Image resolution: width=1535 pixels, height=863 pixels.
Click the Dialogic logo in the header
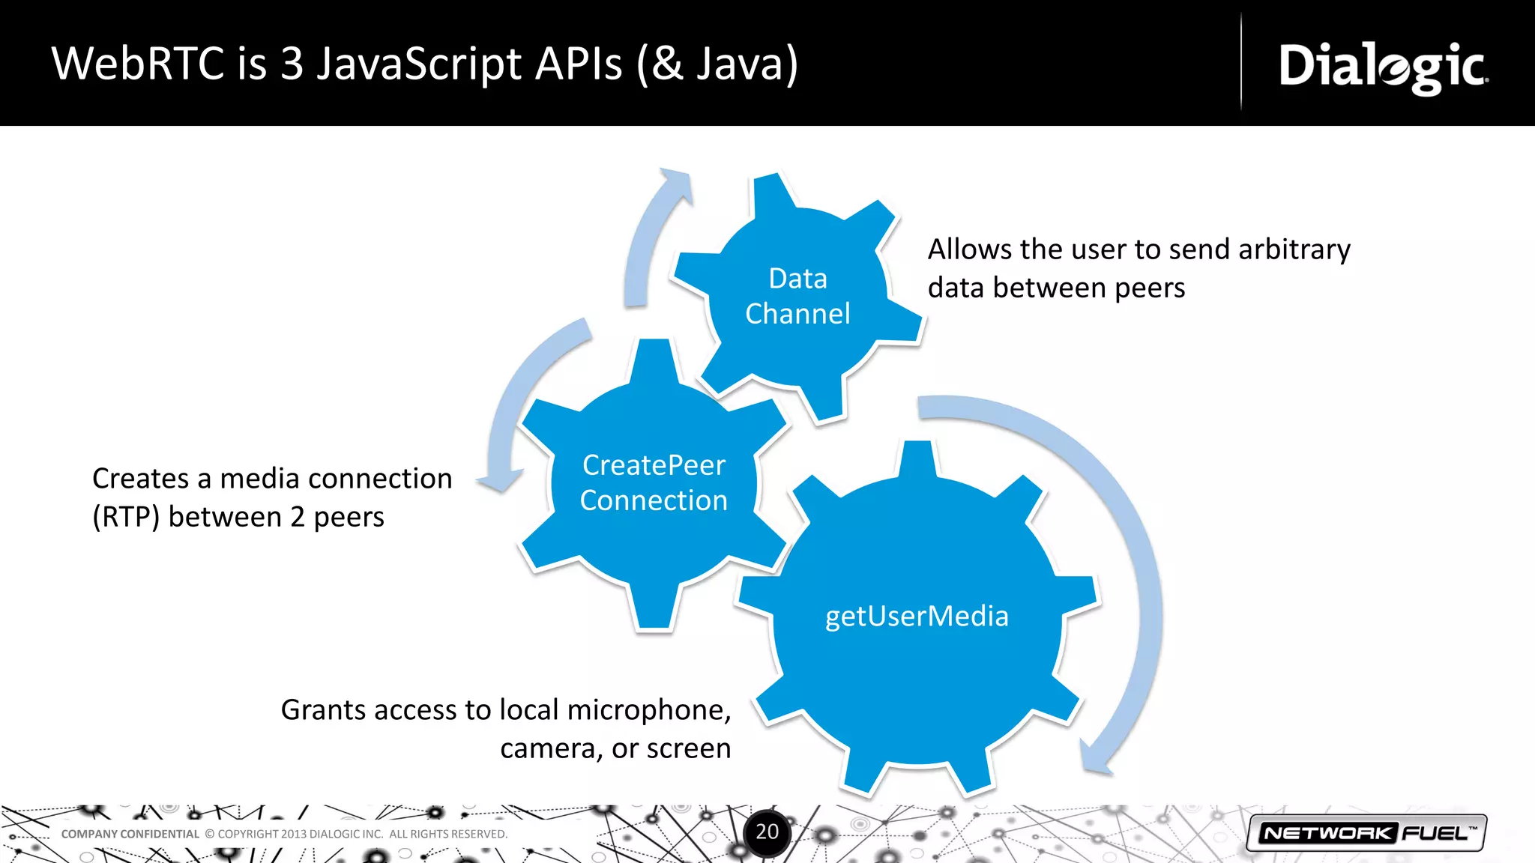(1383, 67)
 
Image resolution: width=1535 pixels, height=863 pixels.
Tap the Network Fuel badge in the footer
(1366, 833)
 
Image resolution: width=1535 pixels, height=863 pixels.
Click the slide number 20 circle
(767, 832)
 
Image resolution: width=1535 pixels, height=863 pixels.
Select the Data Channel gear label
(797, 297)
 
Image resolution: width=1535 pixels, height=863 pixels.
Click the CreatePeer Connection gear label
(654, 483)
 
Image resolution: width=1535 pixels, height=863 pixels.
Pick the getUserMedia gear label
(917, 617)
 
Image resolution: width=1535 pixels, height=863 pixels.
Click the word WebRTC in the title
(138, 64)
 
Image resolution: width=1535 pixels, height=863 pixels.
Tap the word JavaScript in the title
(418, 65)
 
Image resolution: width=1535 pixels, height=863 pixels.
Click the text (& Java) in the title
(717, 65)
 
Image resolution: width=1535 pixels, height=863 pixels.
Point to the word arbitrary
(1294, 249)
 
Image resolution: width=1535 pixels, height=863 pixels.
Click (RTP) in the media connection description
(125, 517)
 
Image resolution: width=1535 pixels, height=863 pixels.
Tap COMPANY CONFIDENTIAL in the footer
(130, 834)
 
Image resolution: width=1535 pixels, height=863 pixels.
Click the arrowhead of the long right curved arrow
(1097, 758)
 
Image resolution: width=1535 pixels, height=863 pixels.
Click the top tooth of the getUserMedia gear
(918, 457)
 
